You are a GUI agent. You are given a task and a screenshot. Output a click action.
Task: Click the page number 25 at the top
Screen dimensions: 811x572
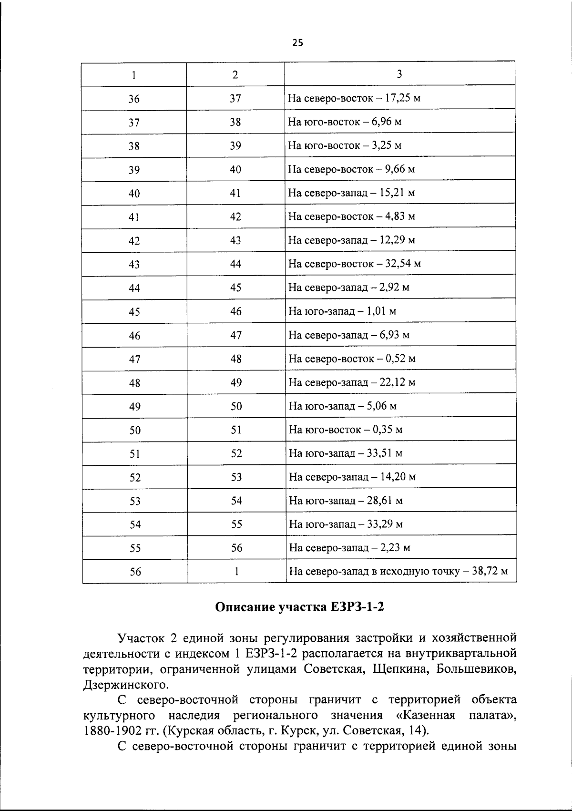[297, 43]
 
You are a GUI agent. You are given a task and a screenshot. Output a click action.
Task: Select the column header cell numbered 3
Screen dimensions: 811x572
[399, 74]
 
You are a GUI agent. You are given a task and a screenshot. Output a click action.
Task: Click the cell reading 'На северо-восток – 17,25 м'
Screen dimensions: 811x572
[354, 99]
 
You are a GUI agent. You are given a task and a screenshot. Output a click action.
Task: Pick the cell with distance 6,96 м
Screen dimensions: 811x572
[345, 122]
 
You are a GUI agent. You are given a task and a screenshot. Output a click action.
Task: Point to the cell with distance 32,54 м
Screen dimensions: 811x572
[355, 264]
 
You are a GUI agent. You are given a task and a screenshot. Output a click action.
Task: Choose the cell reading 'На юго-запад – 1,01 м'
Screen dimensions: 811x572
[342, 311]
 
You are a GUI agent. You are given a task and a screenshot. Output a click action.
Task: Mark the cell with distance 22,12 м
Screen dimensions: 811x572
[352, 382]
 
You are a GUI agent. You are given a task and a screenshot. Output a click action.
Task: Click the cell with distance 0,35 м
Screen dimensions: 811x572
[346, 430]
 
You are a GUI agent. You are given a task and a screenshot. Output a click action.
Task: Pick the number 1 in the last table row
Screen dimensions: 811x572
[236, 571]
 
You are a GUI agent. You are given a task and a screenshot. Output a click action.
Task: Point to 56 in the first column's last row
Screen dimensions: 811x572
[135, 572]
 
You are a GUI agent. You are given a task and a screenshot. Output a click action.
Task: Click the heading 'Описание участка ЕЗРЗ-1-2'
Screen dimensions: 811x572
[299, 607]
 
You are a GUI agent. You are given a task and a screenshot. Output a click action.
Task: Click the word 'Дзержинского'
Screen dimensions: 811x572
[126, 685]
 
